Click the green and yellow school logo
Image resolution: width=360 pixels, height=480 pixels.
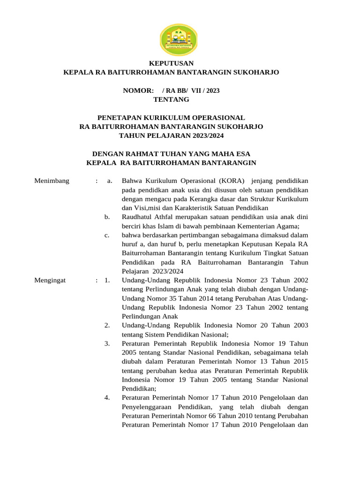[179, 39]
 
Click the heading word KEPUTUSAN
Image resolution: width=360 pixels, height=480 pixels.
[171, 63]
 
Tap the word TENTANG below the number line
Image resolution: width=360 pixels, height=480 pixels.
[171, 99]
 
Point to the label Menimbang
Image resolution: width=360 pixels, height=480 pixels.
[52, 180]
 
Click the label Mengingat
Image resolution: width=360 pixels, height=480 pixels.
[51, 280]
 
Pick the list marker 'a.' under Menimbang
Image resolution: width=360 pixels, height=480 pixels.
[110, 180]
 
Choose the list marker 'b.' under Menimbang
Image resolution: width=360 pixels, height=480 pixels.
[107, 217]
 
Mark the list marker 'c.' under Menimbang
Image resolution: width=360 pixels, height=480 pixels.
[107, 235]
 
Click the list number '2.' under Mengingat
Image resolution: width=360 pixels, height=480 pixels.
[107, 325]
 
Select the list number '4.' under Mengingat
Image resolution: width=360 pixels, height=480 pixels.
[107, 398]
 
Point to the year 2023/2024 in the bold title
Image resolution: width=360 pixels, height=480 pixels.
[204, 135]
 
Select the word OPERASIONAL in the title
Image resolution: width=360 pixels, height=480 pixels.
[218, 118]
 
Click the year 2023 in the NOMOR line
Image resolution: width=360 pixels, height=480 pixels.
[211, 90]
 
